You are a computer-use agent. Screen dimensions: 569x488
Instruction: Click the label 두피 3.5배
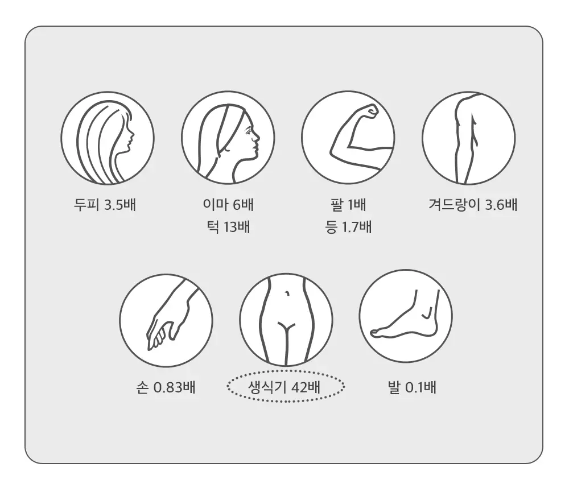click(x=105, y=205)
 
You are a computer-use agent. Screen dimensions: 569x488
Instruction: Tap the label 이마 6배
click(x=228, y=205)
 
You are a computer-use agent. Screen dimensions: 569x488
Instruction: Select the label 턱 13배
click(x=228, y=227)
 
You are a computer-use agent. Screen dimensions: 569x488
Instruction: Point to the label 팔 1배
click(x=348, y=205)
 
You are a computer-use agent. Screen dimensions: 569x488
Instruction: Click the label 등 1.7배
click(x=348, y=227)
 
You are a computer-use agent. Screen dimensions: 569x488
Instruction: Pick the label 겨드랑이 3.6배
click(x=472, y=205)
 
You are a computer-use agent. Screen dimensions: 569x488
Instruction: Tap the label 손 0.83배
click(x=166, y=387)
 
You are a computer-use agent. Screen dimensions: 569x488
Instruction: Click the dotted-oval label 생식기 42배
click(x=286, y=386)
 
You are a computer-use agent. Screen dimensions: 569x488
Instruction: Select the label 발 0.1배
click(x=411, y=387)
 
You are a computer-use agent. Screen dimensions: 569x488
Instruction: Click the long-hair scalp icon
click(x=108, y=138)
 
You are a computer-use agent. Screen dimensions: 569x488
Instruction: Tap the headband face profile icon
click(x=228, y=138)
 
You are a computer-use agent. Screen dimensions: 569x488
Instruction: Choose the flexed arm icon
click(x=348, y=138)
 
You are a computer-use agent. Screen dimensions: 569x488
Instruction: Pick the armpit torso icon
click(x=468, y=138)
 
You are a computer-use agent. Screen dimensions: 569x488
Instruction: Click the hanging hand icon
click(x=166, y=320)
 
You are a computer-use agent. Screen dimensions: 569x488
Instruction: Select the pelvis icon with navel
click(x=286, y=320)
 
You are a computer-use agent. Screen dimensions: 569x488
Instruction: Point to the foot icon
click(x=406, y=316)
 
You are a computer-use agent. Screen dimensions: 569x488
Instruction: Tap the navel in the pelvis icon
click(x=288, y=293)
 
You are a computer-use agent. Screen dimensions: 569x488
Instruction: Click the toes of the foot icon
click(x=376, y=332)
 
